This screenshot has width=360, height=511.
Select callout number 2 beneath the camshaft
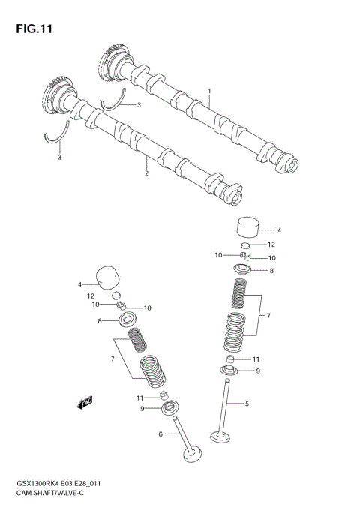click(x=146, y=174)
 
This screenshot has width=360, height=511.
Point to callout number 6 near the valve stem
click(x=160, y=434)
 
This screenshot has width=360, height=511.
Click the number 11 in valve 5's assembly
click(x=255, y=359)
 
